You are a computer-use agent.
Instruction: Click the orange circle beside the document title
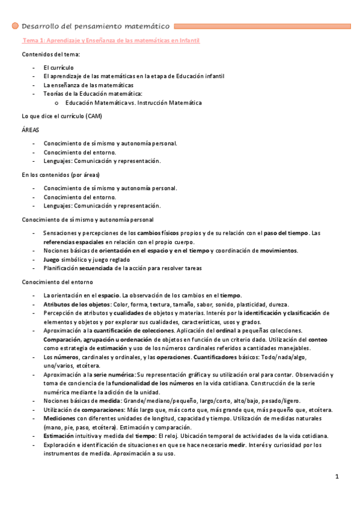click(16, 27)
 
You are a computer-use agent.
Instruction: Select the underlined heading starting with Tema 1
click(111, 40)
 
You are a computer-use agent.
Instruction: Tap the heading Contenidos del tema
click(50, 55)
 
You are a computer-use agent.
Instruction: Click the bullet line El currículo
click(59, 68)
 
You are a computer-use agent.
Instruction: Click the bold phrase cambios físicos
click(159, 233)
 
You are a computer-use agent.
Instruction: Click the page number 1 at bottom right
click(338, 477)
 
